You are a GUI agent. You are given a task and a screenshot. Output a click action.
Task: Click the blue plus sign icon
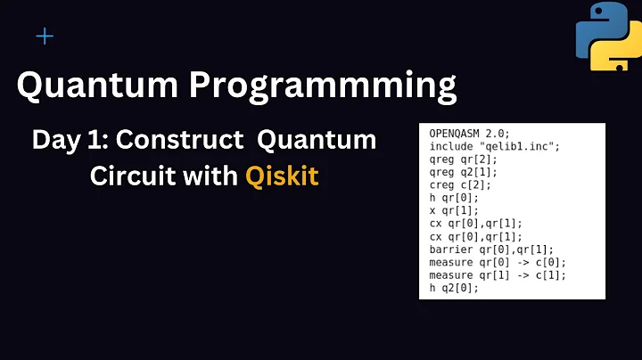(45, 37)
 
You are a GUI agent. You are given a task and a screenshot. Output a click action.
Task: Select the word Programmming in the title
(316, 86)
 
